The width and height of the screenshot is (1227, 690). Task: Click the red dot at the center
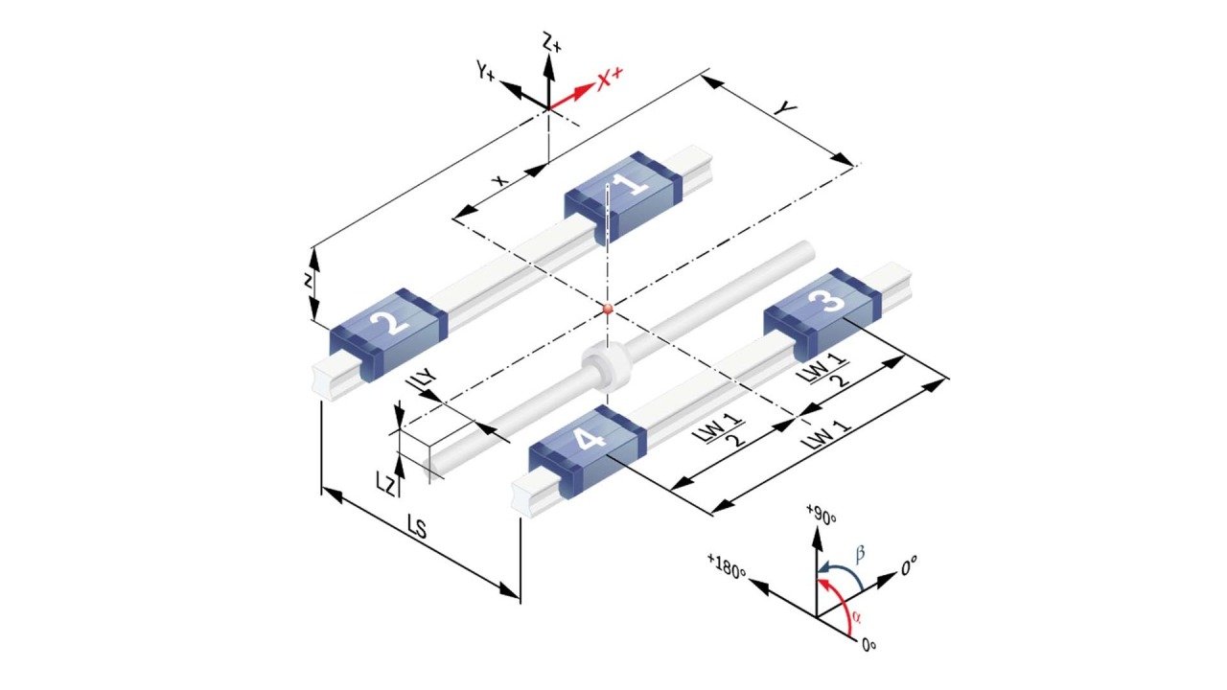coord(607,309)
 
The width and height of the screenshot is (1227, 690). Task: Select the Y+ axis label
coord(486,71)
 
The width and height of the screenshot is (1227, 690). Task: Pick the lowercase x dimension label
coord(499,179)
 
